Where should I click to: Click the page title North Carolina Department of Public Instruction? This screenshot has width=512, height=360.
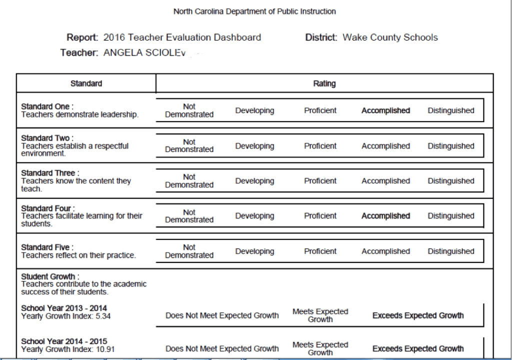254,11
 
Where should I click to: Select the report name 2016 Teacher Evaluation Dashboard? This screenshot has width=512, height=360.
182,37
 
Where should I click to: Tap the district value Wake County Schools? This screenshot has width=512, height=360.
390,37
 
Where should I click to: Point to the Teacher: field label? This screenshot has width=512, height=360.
79,52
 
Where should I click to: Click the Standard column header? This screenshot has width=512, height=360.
86,83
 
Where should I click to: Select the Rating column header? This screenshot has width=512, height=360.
324,83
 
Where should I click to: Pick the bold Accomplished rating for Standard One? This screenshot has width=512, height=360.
385,110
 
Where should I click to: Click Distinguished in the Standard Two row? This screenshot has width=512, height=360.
450,146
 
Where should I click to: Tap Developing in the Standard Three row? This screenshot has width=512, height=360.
254,181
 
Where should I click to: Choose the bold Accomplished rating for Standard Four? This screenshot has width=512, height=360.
385,216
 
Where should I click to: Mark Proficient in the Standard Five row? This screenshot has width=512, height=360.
320,251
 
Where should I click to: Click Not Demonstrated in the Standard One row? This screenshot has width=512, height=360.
189,110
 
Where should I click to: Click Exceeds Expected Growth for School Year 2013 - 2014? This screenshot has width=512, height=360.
418,315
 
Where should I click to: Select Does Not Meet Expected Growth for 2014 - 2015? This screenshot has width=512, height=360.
222,348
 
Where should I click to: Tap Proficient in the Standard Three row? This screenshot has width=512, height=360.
320,181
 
